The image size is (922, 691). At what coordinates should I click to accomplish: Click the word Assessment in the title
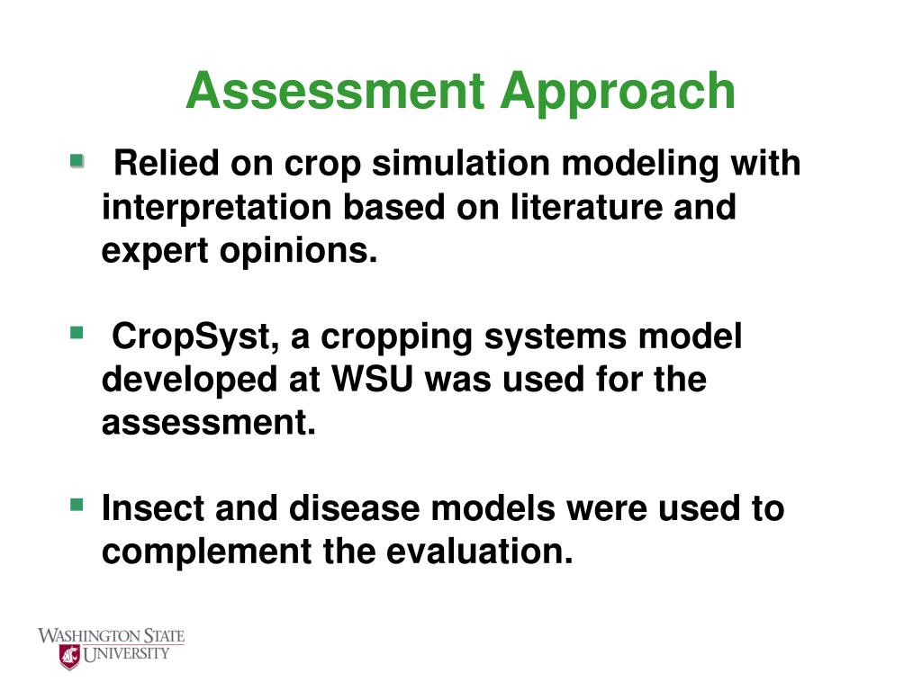[335, 91]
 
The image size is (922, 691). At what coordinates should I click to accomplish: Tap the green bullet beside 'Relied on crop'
[77, 161]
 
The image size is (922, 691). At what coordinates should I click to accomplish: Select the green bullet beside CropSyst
[77, 333]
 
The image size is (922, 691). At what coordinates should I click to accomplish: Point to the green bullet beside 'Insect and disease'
[77, 505]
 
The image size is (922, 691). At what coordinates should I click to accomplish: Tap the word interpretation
[217, 209]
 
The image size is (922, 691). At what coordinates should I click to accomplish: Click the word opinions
[298, 252]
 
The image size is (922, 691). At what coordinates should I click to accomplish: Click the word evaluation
[480, 552]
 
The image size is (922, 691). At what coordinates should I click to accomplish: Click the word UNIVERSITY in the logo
[126, 654]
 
